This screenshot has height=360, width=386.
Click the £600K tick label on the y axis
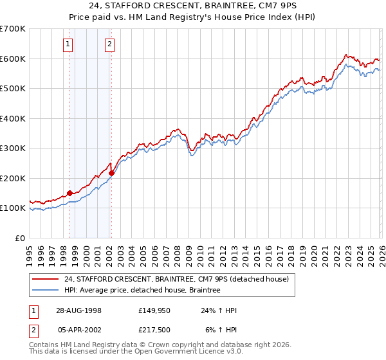click(13, 59)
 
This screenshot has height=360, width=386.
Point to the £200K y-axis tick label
click(13, 178)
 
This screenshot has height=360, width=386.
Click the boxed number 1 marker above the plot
click(68, 44)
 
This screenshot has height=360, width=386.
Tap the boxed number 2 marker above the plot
click(109, 44)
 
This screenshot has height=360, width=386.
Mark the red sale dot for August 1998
click(70, 192)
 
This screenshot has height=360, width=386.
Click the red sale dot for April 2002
click(111, 172)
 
